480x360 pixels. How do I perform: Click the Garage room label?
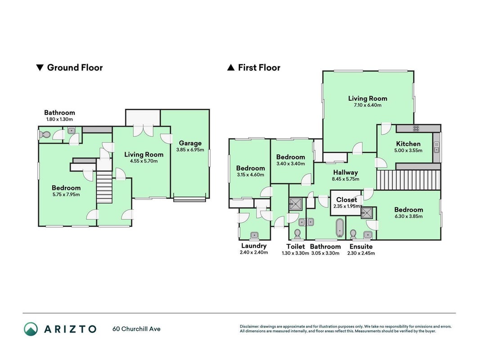(190, 143)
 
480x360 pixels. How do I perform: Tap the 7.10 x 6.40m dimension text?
(368, 105)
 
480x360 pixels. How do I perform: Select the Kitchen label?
(408, 144)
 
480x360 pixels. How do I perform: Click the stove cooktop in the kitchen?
(416, 128)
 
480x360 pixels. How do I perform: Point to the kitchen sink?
(436, 147)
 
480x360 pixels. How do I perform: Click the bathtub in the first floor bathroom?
(340, 228)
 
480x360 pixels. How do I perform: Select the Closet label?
(346, 200)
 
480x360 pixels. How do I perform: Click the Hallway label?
(345, 172)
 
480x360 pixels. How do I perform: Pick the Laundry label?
(254, 246)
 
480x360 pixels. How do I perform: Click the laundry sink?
(254, 235)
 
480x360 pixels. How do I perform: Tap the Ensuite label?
(361, 247)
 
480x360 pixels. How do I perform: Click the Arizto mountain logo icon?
(31, 329)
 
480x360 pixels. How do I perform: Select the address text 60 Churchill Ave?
(136, 329)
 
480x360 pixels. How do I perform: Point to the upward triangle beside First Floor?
(231, 67)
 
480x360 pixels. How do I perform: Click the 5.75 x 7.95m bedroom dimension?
(66, 195)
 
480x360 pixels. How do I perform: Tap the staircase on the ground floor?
(104, 187)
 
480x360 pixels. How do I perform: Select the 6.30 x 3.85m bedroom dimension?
(408, 216)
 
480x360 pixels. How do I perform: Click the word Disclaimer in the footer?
(249, 326)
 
